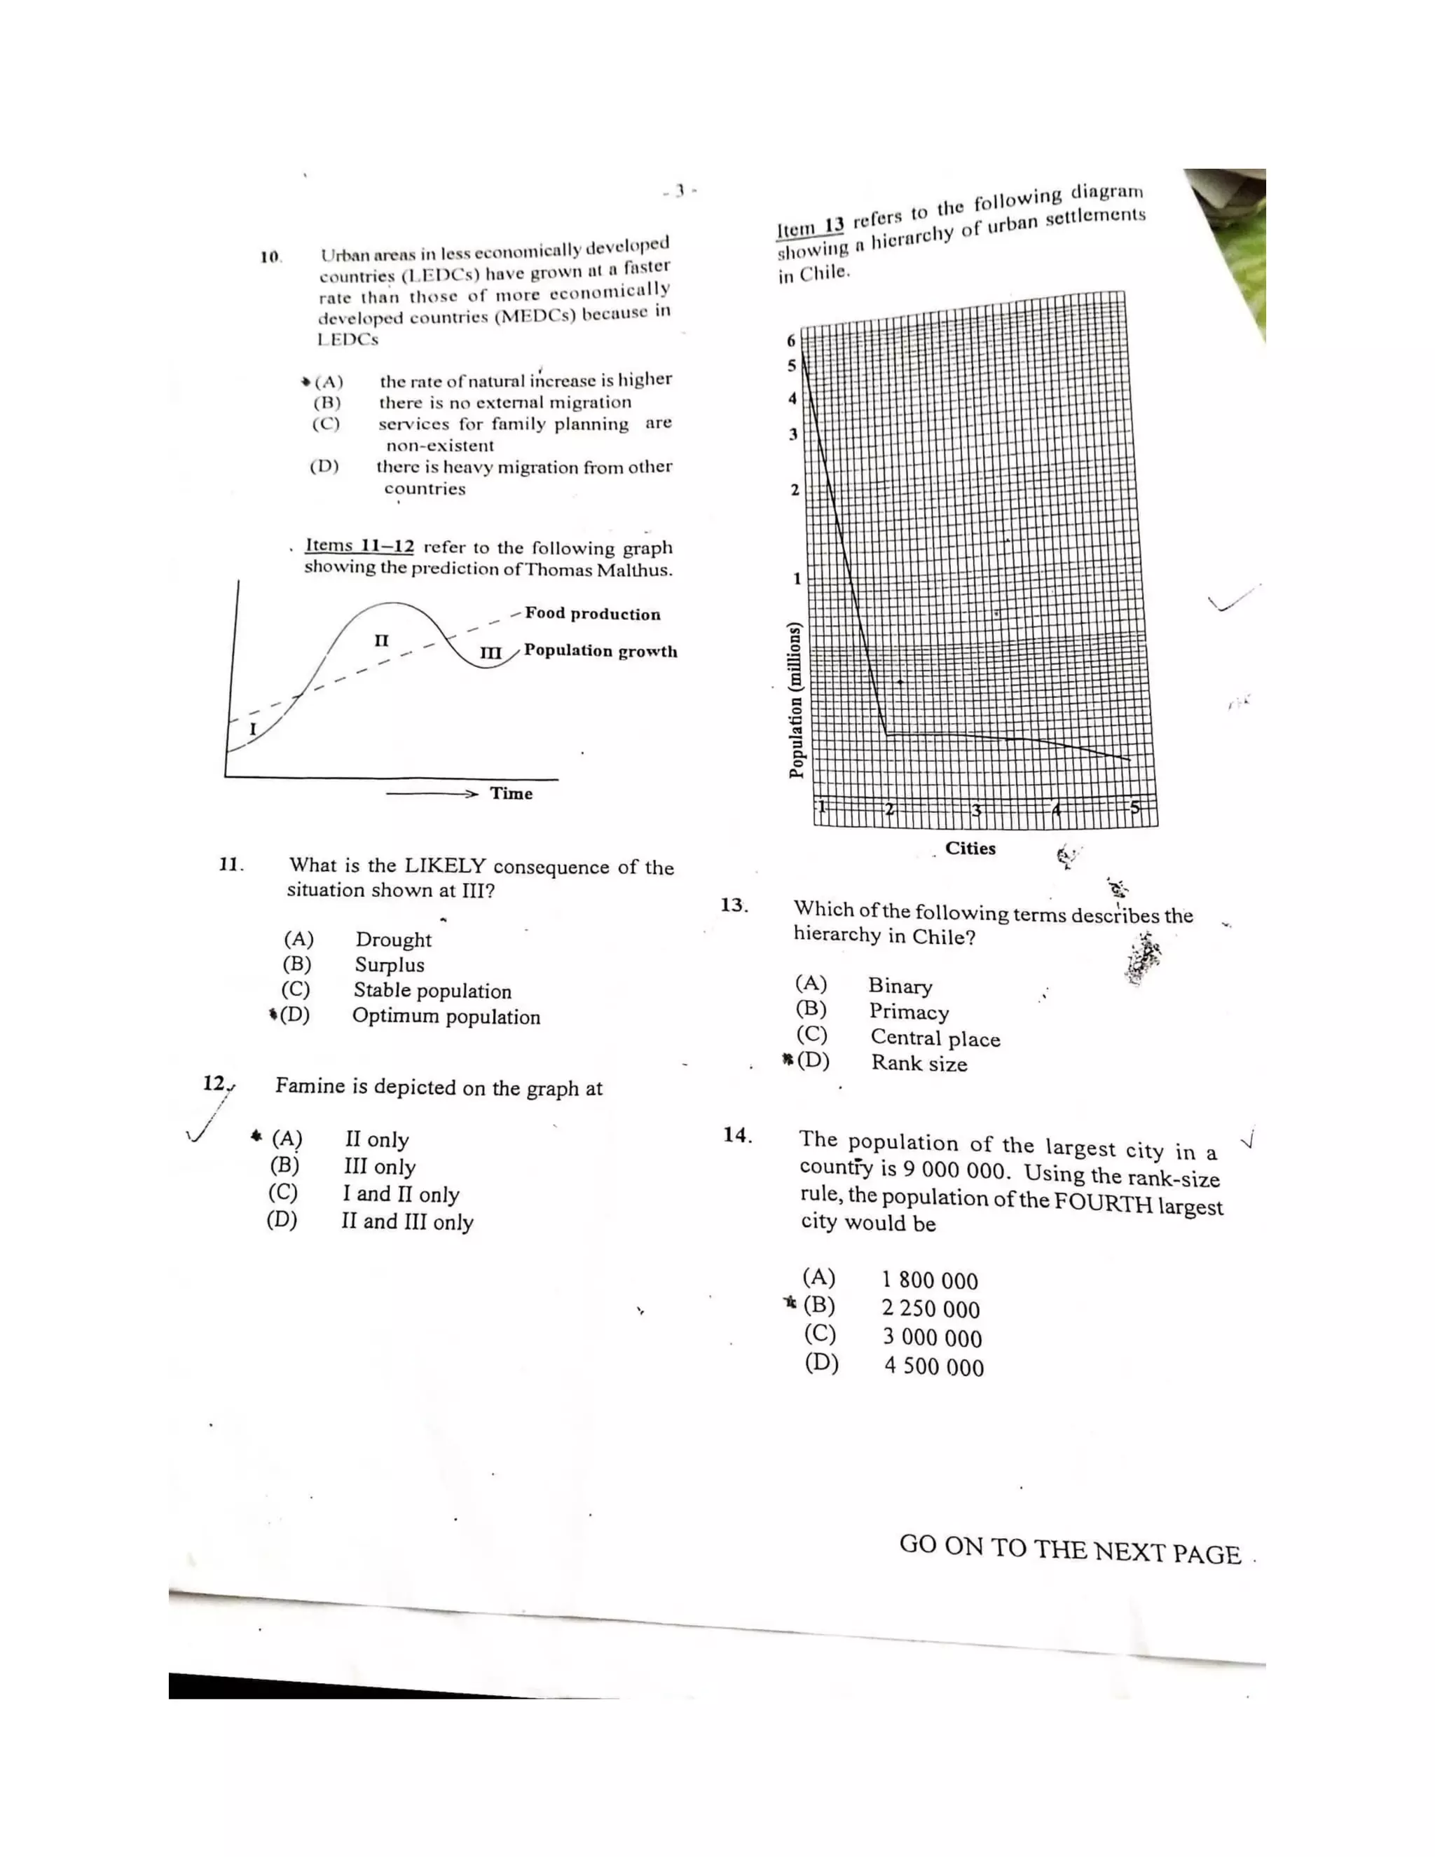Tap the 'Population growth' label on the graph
point(600,650)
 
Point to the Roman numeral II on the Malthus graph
point(382,640)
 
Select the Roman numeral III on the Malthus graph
point(490,653)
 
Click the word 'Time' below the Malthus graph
point(511,793)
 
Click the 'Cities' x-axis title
point(970,848)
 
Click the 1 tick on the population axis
point(797,579)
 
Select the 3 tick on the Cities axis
point(977,809)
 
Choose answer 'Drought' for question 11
point(393,940)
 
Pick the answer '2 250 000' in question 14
point(930,1308)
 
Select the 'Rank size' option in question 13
point(919,1063)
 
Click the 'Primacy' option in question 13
point(909,1011)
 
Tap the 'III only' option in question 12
point(379,1167)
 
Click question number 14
point(737,1135)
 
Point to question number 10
point(270,256)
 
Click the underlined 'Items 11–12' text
point(359,546)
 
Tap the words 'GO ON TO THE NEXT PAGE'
point(1069,1549)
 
